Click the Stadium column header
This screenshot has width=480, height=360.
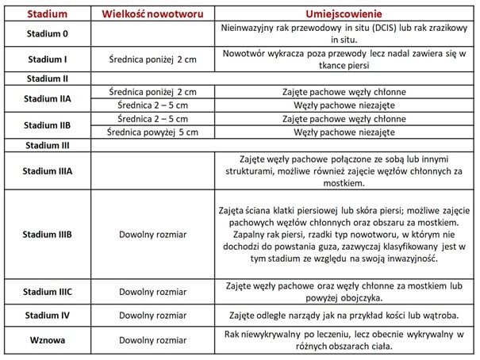[48, 14]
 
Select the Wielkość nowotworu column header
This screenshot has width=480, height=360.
[151, 14]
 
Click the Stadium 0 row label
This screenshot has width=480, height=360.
[48, 33]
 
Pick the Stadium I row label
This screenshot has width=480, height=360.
[48, 59]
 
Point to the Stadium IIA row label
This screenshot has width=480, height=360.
[48, 98]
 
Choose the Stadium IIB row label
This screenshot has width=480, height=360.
[48, 125]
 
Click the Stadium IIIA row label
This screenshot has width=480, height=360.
[48, 170]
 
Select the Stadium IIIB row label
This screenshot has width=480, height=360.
[48, 235]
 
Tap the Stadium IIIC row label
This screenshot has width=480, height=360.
[48, 292]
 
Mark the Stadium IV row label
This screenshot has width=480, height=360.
[48, 314]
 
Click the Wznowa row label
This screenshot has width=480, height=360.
[48, 339]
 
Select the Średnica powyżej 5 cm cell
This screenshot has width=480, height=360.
[151, 132]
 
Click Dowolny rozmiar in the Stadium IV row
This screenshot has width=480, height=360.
[151, 314]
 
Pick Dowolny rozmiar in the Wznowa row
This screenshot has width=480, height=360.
[151, 339]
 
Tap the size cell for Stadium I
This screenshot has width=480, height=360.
[151, 59]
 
